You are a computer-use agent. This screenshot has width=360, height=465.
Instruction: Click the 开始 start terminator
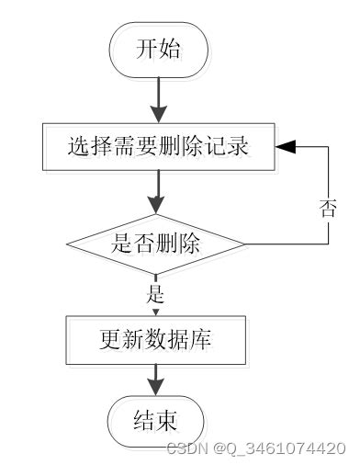pos(158,50)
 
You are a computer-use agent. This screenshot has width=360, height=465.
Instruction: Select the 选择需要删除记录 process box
pos(158,146)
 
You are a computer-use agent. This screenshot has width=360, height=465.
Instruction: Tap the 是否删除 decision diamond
pos(156,244)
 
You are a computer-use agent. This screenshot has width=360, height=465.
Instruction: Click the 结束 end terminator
pos(156,422)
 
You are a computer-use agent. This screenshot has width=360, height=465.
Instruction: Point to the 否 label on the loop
pos(328,206)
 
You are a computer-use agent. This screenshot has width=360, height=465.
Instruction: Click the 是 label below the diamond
pos(155,295)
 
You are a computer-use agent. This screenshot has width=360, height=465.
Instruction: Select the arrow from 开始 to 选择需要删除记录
pos(158,98)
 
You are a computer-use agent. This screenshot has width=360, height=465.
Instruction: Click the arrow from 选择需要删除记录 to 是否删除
pos(158,193)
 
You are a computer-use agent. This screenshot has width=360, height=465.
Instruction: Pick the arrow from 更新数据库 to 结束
pos(157,380)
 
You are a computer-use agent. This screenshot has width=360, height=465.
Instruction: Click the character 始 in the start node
pos(170,50)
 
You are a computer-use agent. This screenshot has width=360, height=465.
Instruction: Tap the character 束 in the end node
pos(168,422)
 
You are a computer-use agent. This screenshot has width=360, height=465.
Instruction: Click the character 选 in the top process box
pos(78,146)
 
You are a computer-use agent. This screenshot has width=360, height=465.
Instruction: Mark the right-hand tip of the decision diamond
pos(244,244)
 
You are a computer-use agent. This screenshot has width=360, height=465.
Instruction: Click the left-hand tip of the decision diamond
pos(68,244)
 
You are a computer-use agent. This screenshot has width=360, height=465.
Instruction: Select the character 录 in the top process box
pos(239,146)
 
